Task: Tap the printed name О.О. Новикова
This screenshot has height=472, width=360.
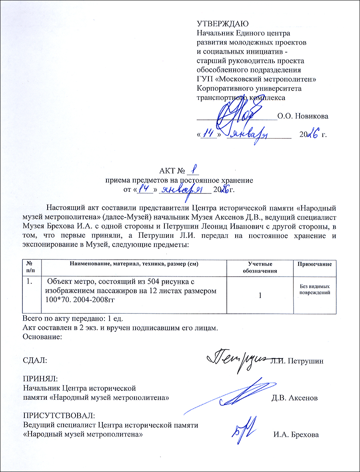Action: click(x=303, y=116)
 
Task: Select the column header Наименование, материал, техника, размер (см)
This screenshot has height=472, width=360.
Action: click(x=134, y=264)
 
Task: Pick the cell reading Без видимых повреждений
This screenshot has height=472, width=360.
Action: click(x=315, y=289)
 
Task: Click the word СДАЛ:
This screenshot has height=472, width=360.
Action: click(x=35, y=360)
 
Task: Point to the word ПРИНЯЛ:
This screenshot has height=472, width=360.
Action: click(x=40, y=378)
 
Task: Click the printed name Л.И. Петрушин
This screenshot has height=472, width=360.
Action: click(x=297, y=361)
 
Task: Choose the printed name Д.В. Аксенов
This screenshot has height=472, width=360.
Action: click(x=295, y=398)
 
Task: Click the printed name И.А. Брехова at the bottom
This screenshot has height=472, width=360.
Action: click(x=296, y=434)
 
